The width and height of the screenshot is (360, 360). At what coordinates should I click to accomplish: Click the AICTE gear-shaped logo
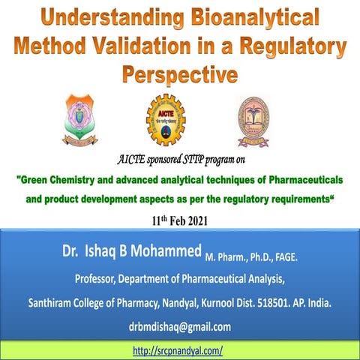[x=166, y=119]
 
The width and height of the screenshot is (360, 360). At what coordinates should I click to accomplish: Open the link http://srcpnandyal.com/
[x=178, y=350]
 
